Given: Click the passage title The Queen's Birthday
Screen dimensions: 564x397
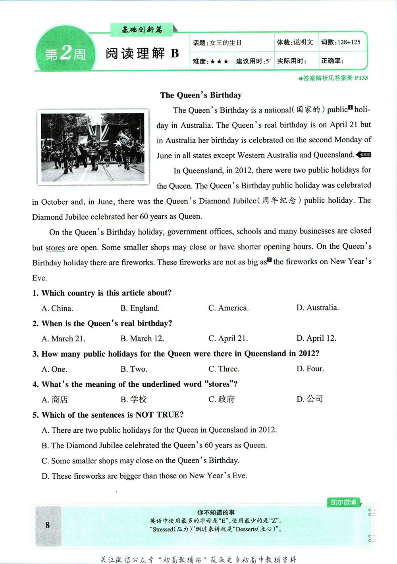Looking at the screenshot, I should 201,95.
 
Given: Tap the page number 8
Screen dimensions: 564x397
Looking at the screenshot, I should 48,525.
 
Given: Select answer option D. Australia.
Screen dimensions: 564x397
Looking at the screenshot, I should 317,308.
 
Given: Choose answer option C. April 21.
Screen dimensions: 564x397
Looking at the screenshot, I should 228,338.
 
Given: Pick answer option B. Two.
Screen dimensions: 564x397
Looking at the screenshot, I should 134,369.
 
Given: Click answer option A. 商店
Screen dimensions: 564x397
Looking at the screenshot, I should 54,399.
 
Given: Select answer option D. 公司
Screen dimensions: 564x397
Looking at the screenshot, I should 310,399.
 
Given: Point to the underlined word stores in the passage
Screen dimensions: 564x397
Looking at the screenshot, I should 55,248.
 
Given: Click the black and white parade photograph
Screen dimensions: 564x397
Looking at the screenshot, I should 93,148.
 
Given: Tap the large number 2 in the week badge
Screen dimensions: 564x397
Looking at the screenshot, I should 67,52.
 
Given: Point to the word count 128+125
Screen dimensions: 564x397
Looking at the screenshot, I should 349,42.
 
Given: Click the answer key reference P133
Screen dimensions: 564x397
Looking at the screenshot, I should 361,78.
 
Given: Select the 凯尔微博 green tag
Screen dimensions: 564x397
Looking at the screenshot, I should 343,503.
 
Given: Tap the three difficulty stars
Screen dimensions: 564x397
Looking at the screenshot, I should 219,61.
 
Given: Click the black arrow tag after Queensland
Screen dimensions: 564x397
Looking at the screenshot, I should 364,155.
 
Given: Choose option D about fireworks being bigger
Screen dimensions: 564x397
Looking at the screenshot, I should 144,476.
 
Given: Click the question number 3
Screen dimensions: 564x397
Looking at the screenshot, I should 35,354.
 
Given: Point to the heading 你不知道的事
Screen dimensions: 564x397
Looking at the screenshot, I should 216,512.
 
